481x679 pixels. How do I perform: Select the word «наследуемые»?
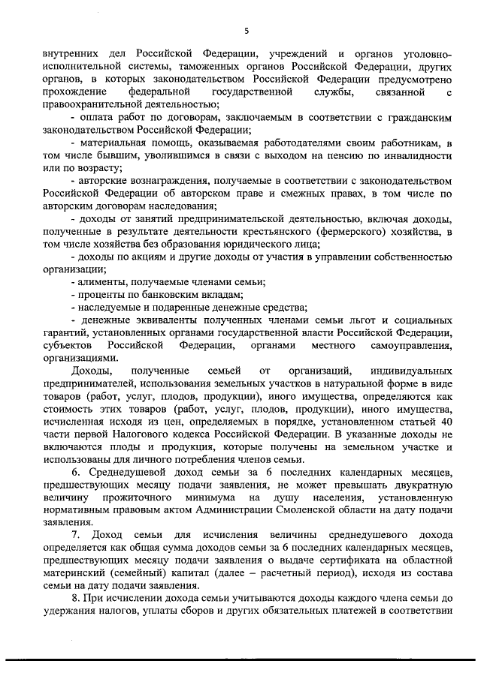click(x=108, y=309)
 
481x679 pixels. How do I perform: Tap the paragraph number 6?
click(x=75, y=470)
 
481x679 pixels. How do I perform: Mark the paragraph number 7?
click(x=75, y=533)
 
